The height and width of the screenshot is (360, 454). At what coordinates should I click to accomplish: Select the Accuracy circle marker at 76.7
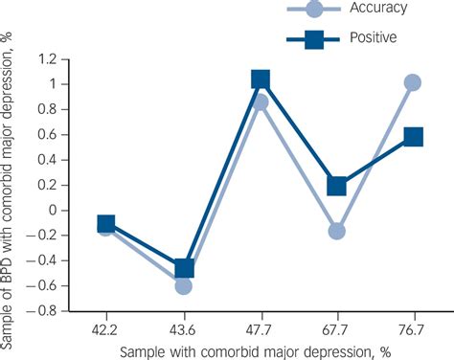(413, 82)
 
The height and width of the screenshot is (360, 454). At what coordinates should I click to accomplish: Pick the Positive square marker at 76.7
(413, 137)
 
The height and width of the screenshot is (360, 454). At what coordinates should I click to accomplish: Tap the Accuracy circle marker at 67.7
(336, 231)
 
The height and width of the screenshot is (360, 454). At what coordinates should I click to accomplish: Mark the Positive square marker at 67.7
(336, 186)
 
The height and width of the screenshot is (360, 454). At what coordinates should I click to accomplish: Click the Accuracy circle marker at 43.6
(183, 285)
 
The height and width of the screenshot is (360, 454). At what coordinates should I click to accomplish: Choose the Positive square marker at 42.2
(106, 224)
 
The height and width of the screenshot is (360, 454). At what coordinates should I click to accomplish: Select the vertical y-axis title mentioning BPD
(11, 182)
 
